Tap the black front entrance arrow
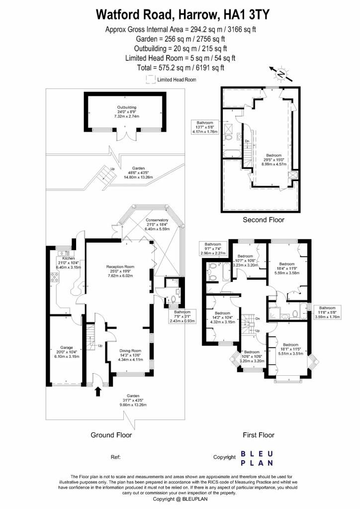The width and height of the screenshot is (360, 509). coord(97,392)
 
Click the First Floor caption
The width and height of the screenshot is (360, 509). coord(259,435)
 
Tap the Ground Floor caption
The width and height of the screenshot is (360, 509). coord(111,435)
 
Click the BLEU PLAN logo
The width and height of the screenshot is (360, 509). coord(257,458)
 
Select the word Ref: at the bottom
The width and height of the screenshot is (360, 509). coord(115,456)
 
